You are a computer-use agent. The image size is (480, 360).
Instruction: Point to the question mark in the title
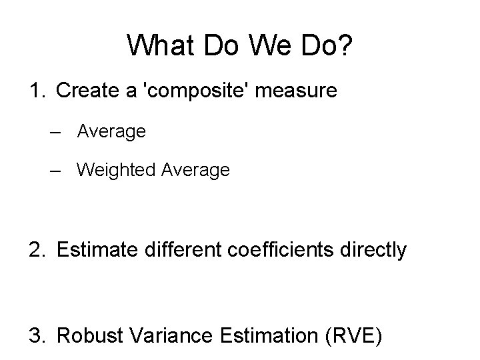[x=346, y=45]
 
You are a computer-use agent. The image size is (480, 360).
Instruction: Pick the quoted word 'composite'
[x=196, y=91]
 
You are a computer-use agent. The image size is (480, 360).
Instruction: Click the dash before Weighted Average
[x=57, y=170]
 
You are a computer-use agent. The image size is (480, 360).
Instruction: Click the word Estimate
[x=97, y=250]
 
